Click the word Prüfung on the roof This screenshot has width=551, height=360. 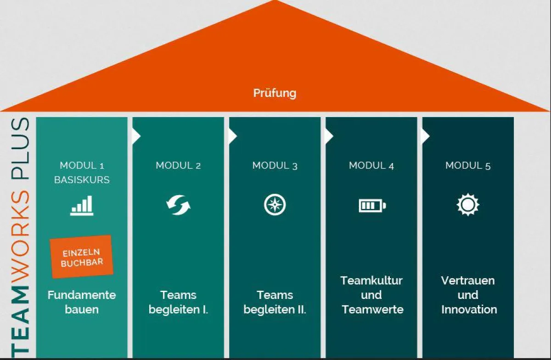tap(275, 93)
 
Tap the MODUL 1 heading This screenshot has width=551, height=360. tap(82, 165)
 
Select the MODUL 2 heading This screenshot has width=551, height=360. tap(178, 165)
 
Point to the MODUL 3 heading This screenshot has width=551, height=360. tap(275, 165)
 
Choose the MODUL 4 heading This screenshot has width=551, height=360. tap(371, 165)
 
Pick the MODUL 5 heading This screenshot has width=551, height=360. tap(468, 165)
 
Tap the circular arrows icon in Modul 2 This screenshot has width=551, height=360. tap(178, 205)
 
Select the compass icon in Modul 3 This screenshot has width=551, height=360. tap(275, 205)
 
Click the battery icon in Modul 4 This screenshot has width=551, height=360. tap(372, 205)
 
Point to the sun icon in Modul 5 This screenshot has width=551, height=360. tap(468, 205)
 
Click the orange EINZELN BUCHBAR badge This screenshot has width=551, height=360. tap(82, 257)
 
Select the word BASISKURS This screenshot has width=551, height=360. tap(82, 180)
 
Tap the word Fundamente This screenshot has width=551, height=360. tap(82, 295)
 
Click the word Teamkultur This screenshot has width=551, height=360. tap(371, 280)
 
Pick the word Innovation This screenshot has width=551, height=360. tap(469, 309)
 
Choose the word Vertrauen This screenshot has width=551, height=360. tap(468, 280)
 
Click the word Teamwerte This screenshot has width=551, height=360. tap(372, 309)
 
